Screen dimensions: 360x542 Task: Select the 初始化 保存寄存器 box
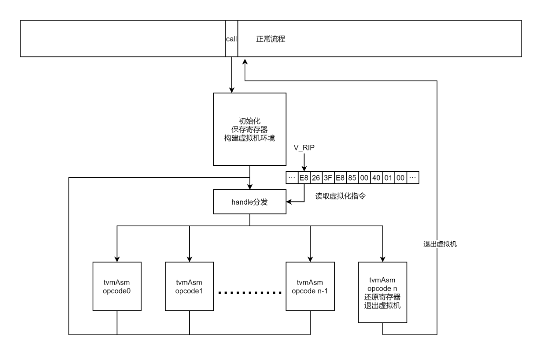(x=250, y=129)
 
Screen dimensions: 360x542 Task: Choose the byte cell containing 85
(x=352, y=178)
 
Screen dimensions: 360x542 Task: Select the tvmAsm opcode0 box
(x=117, y=285)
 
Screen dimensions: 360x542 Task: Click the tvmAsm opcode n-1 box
(x=310, y=285)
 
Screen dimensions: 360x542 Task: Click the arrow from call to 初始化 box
(x=232, y=75)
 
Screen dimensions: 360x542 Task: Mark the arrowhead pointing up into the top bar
(x=244, y=61)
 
